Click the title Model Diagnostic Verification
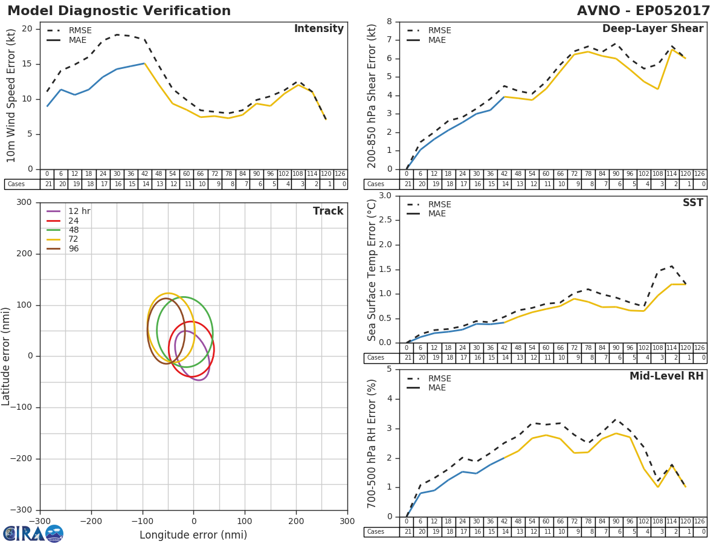point(119,11)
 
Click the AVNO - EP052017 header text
point(643,11)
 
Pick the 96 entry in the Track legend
point(73,248)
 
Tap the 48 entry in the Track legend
point(73,230)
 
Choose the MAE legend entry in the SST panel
point(437,213)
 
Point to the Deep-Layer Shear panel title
point(652,29)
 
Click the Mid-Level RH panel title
point(666,376)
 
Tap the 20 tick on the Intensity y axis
point(27,28)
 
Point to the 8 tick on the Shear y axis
point(389,21)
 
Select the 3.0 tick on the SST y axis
point(384,195)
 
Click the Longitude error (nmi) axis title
point(193,535)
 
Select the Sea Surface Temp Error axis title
point(372,270)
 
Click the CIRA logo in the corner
point(33,533)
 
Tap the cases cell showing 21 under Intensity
point(47,184)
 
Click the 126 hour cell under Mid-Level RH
point(700,522)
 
